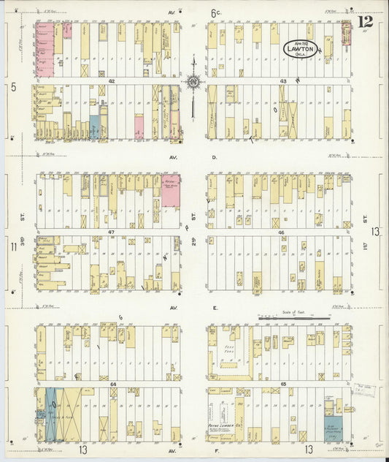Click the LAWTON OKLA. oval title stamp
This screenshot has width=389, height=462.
point(300,49)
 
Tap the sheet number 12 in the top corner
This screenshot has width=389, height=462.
point(365,21)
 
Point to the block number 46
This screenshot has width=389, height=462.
point(281,231)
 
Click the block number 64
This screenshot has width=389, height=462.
point(113,383)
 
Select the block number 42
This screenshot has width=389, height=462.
point(112,80)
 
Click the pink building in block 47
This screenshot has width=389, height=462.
point(171,190)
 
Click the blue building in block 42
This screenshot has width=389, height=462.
point(93,126)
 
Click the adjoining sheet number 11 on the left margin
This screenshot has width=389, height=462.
point(13,246)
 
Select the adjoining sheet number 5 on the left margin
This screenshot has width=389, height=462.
point(13,86)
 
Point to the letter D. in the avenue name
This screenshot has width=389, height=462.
point(215,156)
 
